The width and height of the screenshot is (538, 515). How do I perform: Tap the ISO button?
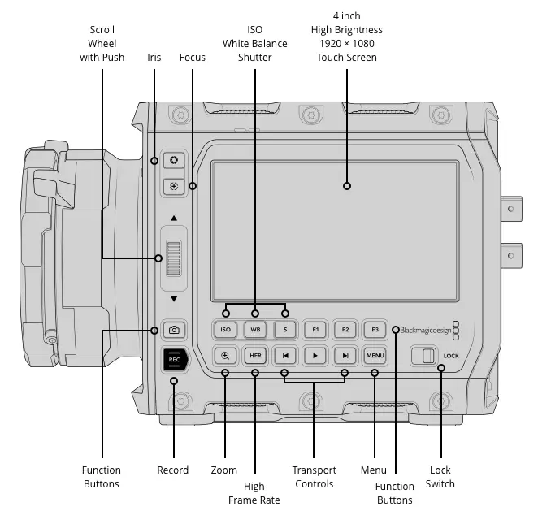tap(225, 330)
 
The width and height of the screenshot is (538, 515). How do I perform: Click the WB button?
tap(255, 330)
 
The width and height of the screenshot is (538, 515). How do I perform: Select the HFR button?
tap(255, 356)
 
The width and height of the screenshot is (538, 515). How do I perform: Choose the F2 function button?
tap(345, 330)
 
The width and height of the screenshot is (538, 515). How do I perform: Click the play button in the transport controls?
tap(315, 356)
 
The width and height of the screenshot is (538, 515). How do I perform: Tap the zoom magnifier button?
tap(225, 356)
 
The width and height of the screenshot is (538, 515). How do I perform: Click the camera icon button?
tap(174, 330)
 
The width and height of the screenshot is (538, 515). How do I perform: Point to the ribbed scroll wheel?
tap(174, 258)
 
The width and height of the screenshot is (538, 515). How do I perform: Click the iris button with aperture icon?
tap(174, 160)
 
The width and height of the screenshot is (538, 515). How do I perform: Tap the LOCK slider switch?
tap(424, 356)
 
